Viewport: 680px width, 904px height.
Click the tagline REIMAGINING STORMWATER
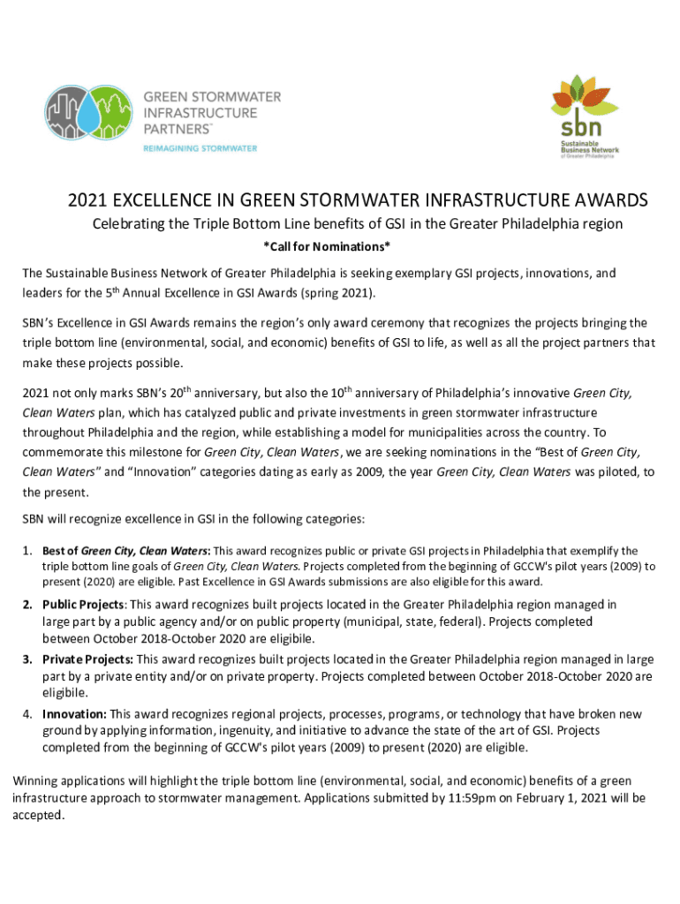click(200, 148)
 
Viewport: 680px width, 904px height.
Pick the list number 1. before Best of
click(28, 551)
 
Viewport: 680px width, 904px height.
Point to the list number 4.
click(28, 713)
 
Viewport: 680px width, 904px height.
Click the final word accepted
click(38, 815)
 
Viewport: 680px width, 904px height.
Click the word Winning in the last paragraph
click(36, 781)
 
